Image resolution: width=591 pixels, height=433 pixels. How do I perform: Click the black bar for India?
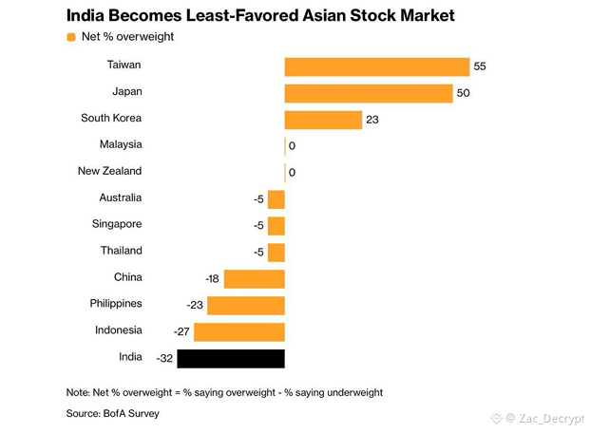231,358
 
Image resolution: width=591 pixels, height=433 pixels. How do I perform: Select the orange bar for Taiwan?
377,67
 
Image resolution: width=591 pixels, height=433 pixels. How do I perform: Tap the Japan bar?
369,93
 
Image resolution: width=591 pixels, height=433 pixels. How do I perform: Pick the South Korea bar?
323,120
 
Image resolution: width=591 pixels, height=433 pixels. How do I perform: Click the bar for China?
255,279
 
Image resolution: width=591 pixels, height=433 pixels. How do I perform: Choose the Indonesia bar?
239,332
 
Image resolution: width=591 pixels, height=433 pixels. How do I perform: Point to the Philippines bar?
246,306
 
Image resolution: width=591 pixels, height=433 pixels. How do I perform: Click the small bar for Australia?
276,199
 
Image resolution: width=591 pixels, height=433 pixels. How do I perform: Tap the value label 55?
480,66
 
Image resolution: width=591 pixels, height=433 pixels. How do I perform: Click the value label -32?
164,358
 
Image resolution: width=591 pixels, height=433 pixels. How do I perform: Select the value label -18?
212,278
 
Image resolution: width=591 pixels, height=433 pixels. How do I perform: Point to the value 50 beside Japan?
463,93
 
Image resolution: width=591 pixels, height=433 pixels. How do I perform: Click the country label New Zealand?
109,171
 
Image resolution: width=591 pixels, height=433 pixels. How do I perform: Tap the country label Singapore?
117,224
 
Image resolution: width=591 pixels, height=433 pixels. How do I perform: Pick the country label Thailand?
122,251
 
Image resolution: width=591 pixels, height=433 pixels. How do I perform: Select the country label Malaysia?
121,144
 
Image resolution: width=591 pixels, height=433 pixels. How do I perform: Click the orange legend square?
71,37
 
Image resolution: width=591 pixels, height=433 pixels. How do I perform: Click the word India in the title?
85,15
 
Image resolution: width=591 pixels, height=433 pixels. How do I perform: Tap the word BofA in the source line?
114,413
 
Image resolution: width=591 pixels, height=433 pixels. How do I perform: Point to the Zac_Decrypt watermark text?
551,418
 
